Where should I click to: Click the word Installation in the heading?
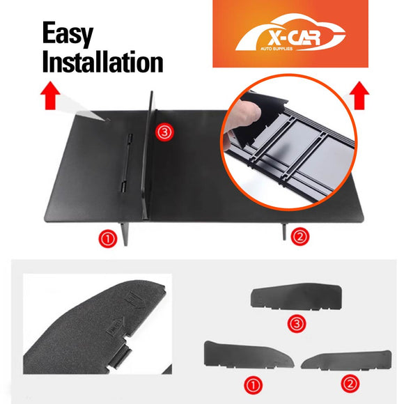[x=102, y=61]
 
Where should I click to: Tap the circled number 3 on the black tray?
[x=163, y=132]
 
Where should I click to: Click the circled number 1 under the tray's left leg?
[x=107, y=240]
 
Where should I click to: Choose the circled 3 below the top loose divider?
[x=296, y=324]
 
